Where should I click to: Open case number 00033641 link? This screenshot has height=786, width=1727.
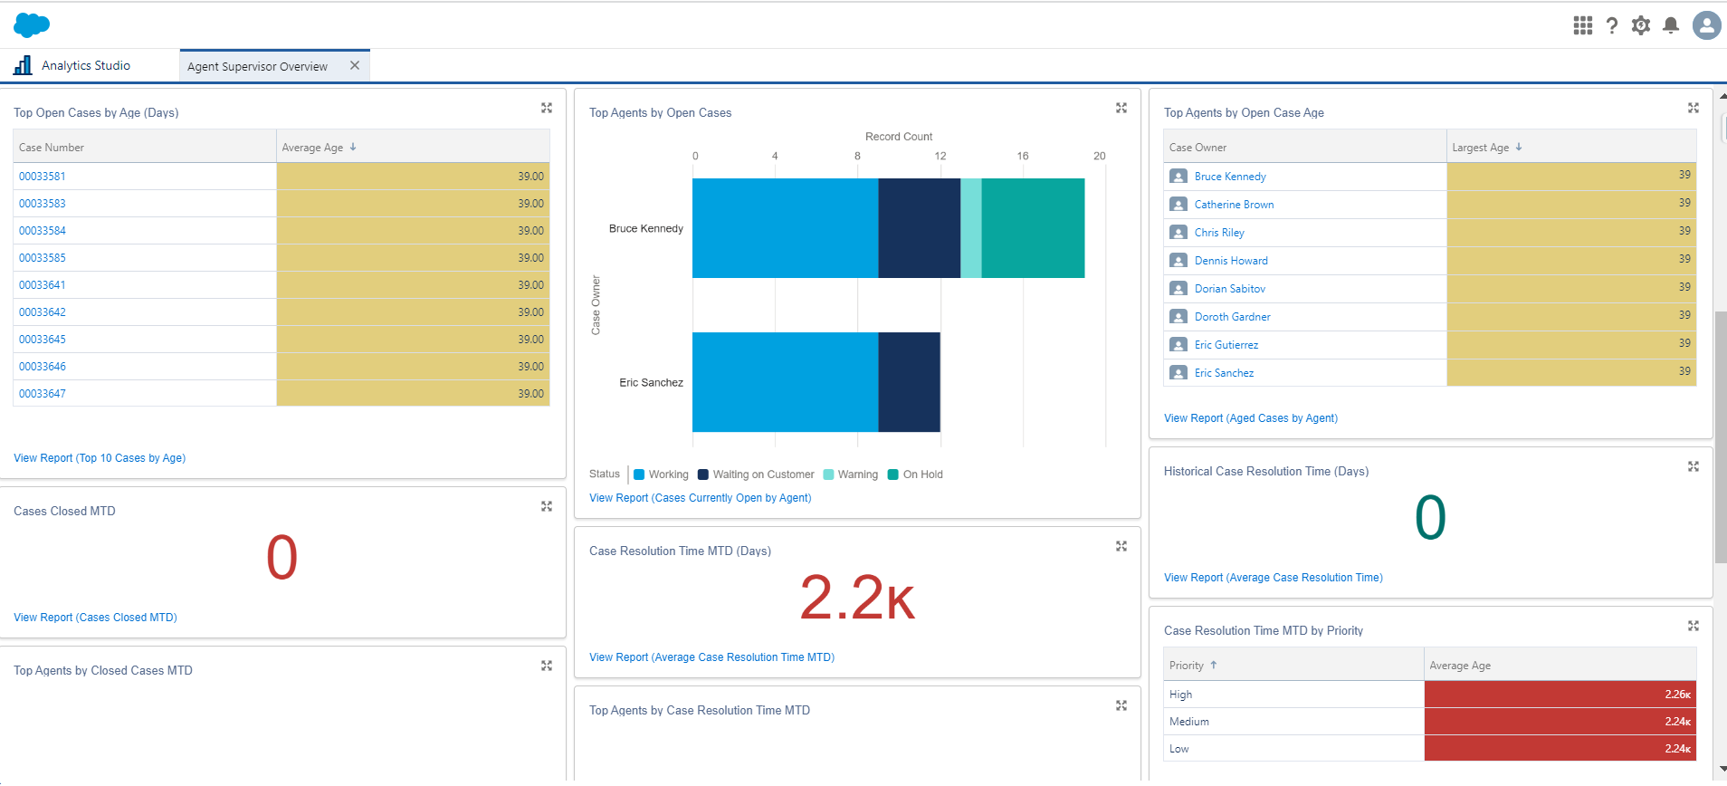(43, 285)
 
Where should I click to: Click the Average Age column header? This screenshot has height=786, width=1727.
(313, 148)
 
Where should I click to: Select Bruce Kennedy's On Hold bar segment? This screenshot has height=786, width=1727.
(1033, 228)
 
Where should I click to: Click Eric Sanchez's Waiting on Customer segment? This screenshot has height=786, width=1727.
(909, 382)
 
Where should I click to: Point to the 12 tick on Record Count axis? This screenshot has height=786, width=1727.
(940, 156)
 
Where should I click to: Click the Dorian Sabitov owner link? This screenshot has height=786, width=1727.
(1229, 289)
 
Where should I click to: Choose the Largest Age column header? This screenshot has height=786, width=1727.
(1481, 148)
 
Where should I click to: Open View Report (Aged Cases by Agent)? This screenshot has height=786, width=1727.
(1250, 418)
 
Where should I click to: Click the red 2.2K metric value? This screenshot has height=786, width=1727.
(857, 599)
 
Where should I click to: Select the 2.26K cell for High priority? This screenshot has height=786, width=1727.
(1560, 695)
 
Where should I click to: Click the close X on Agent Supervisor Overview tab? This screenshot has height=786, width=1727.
(355, 65)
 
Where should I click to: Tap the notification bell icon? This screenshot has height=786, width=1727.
(1671, 25)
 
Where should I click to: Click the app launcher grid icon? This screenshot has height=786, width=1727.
(1582, 25)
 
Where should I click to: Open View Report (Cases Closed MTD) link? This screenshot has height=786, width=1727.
(95, 618)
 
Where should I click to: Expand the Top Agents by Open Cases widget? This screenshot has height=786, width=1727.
(1121, 108)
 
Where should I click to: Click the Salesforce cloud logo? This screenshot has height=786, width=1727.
(32, 24)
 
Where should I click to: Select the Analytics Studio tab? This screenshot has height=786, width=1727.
(85, 65)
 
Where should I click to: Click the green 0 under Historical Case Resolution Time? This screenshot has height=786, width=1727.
(1430, 518)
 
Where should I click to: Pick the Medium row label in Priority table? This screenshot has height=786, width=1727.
(1188, 722)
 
